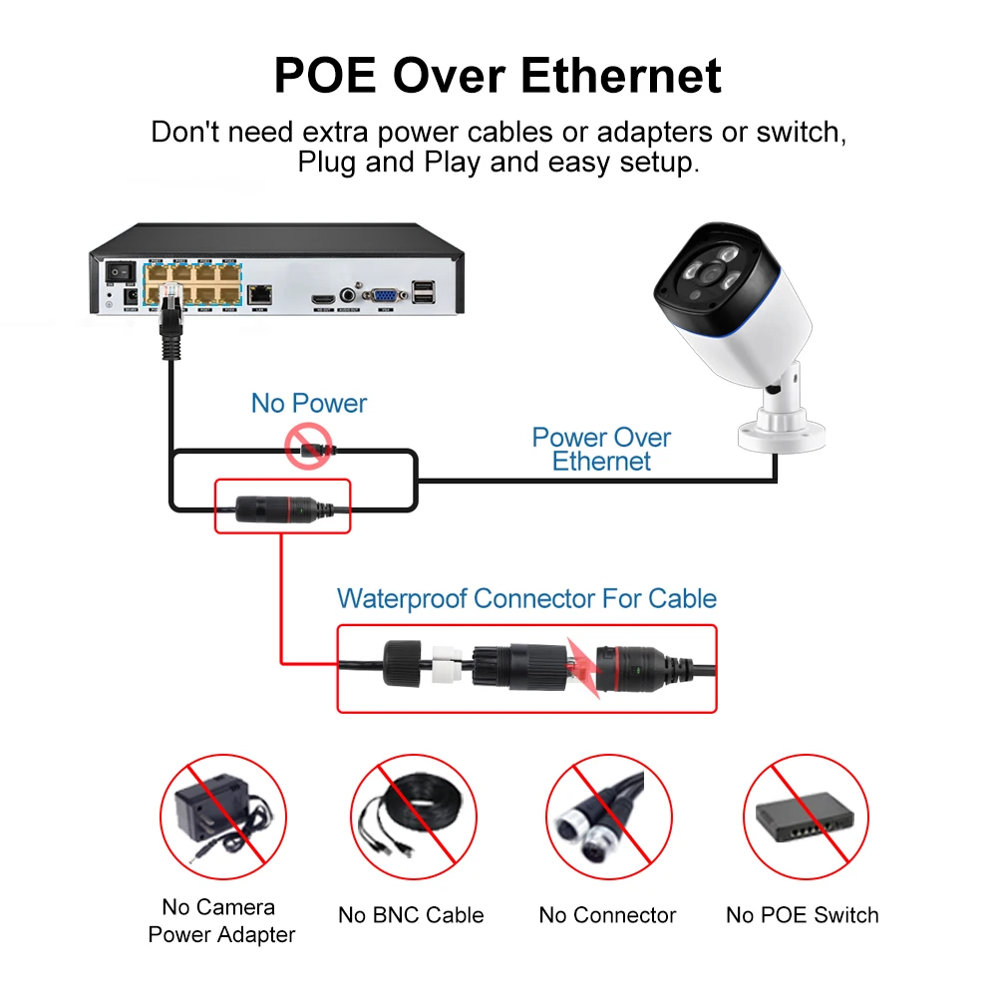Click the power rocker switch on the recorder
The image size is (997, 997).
pos(121,269)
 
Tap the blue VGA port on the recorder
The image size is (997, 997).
pos(383,295)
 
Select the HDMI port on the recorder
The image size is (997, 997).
pos(321,296)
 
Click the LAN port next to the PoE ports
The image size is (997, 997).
pos(261,294)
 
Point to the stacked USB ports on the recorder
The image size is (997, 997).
pos(424,292)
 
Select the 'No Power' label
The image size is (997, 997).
pos(308,403)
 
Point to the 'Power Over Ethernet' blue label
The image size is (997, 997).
pos(601,449)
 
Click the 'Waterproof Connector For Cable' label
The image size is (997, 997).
pos(526,598)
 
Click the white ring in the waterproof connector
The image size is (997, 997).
pos(446,666)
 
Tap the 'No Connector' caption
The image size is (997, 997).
pos(607,915)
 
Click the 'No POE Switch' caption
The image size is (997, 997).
pos(802,915)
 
